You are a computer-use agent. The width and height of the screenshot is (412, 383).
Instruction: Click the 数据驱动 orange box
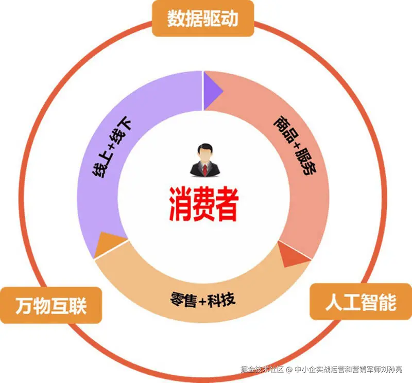tap(203, 19)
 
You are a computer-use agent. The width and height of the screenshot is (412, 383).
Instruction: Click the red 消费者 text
tap(204, 203)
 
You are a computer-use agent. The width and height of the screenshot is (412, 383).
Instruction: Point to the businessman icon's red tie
tap(205, 169)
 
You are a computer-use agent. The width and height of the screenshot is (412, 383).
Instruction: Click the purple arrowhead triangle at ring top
tap(211, 91)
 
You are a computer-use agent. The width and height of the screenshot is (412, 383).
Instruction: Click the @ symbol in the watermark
tap(289, 369)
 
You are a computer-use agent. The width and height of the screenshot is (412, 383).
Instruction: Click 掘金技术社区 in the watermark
tap(262, 369)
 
